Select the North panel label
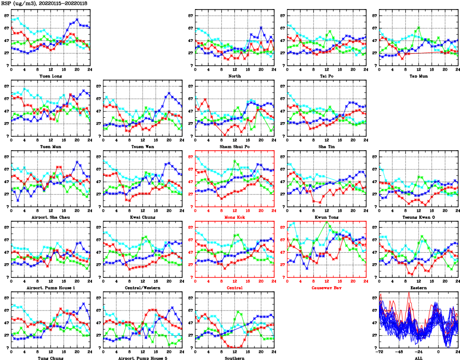point(235,76)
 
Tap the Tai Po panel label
point(327,76)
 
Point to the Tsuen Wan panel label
point(143,146)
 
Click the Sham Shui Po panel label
point(235,146)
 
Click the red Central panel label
point(235,288)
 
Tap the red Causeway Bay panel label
point(327,288)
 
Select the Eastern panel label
point(418,288)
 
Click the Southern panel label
point(235,358)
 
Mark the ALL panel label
point(418,358)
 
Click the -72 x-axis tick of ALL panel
point(379,351)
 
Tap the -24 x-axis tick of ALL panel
point(419,351)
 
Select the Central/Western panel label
point(143,288)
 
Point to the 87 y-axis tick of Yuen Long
point(6,15)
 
